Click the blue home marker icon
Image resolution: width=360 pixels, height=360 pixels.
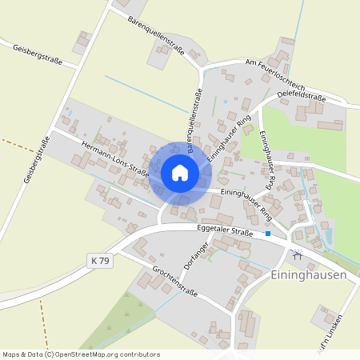180,173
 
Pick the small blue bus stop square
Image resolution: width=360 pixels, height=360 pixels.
268,234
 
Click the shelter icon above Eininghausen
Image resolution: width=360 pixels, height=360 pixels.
298,256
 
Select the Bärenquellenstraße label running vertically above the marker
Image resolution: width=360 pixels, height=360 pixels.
194,120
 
